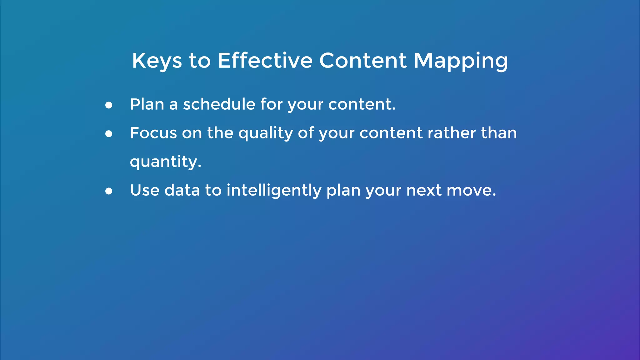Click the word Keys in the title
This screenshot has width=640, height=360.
(157, 61)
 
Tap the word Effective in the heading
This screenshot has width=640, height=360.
(265, 61)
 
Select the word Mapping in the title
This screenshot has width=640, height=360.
(461, 61)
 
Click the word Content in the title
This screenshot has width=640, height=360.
(363, 61)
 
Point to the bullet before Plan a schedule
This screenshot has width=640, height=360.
(109, 105)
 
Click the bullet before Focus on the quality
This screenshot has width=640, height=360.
(109, 134)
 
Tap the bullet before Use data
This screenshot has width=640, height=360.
(109, 191)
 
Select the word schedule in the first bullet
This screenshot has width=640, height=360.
(219, 104)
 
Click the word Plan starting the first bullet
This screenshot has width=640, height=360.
(147, 104)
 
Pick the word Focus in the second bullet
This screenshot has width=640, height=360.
(153, 133)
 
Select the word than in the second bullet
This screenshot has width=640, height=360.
(499, 133)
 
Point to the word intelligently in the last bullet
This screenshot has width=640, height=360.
(274, 191)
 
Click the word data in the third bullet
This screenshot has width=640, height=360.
(182, 190)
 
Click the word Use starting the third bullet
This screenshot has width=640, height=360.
(145, 190)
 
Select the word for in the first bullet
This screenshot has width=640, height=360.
(272, 104)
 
